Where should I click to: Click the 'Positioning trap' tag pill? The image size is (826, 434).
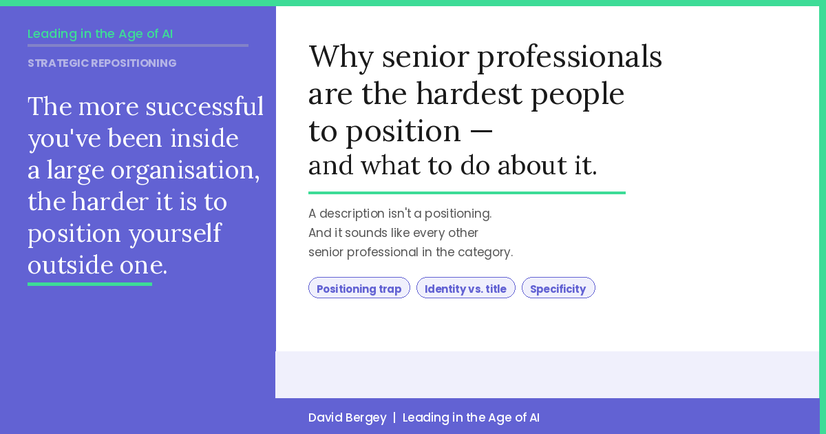[359, 288]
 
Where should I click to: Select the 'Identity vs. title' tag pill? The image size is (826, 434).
[465, 288]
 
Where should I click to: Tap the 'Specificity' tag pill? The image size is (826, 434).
[558, 288]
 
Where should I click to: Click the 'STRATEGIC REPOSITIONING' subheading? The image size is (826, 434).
[102, 63]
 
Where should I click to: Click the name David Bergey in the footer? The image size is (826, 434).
[347, 417]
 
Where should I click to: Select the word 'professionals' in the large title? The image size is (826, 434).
[569, 58]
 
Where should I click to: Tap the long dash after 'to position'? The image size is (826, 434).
[481, 131]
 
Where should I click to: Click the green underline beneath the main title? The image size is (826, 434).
[467, 193]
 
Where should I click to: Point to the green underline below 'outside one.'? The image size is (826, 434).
[89, 284]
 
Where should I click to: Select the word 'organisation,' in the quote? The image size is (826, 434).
[185, 170]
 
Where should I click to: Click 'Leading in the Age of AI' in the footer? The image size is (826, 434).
[471, 417]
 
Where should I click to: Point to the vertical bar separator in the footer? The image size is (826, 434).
[394, 417]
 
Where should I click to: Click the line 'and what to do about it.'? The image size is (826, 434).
[452, 166]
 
